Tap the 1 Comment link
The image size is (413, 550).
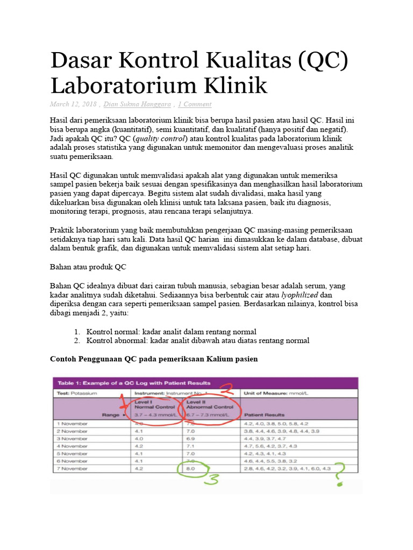point(195,104)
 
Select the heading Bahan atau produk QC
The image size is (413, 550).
point(88,267)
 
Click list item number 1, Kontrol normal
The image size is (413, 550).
point(171,331)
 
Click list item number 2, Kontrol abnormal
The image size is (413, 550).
point(198,341)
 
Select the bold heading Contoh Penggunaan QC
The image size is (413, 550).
point(154,359)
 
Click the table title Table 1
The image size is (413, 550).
point(131,383)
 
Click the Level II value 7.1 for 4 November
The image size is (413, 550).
point(191,446)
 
